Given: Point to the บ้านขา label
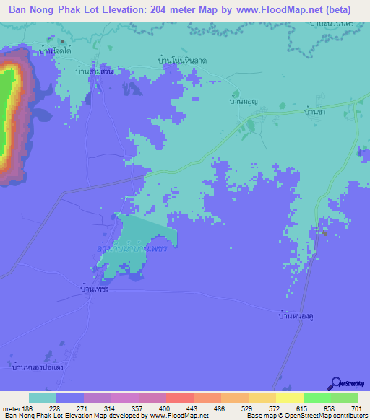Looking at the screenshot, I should coord(313,111).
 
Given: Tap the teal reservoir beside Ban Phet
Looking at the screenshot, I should coord(145,242).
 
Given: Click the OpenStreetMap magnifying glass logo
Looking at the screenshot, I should coord(337,384).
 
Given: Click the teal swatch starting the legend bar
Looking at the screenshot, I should coord(43,398).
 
